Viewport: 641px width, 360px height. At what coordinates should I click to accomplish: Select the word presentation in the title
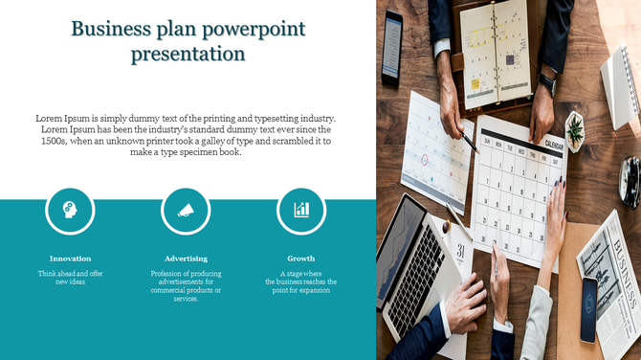(188, 54)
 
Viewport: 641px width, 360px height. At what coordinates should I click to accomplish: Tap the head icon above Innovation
(71, 210)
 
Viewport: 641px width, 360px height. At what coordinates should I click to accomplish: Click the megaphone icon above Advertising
(186, 210)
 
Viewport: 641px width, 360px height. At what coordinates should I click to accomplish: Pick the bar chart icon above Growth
(301, 210)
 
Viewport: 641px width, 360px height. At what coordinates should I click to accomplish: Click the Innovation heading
(71, 259)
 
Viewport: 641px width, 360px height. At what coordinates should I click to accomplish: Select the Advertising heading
(186, 259)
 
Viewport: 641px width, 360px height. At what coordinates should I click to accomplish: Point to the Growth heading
(301, 259)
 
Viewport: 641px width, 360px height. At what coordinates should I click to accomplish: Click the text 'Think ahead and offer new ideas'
(71, 278)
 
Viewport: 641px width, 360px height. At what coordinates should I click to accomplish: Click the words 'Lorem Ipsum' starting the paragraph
(55, 119)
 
